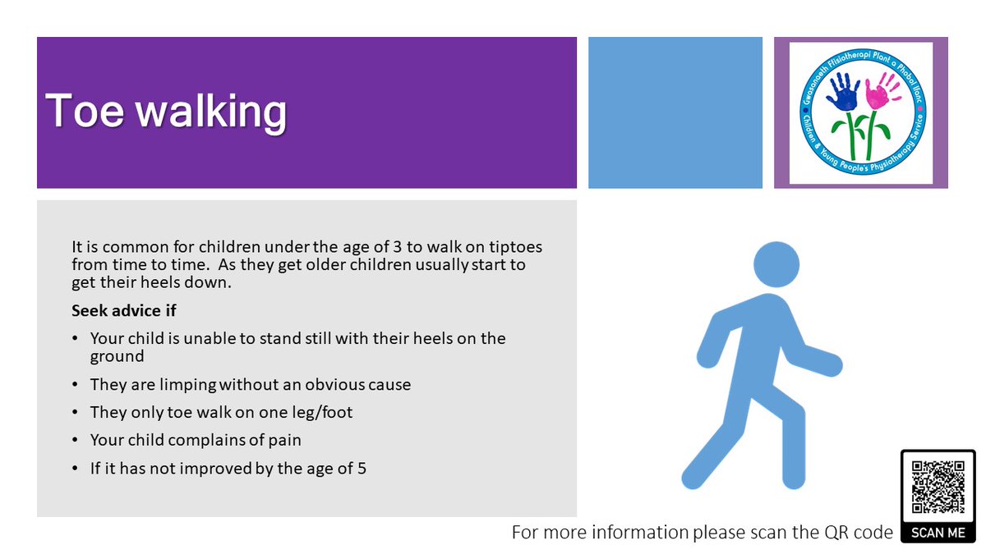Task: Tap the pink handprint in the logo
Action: pyautogui.click(x=882, y=90)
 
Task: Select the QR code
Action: pyautogui.click(x=938, y=487)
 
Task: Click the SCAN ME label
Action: pyautogui.click(x=938, y=533)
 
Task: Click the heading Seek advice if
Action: pyautogui.click(x=124, y=311)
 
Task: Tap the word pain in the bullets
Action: pyautogui.click(x=286, y=440)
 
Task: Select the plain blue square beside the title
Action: pyautogui.click(x=675, y=112)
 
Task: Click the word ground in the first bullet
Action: pyautogui.click(x=117, y=356)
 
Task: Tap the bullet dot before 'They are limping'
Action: pyautogui.click(x=76, y=385)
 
